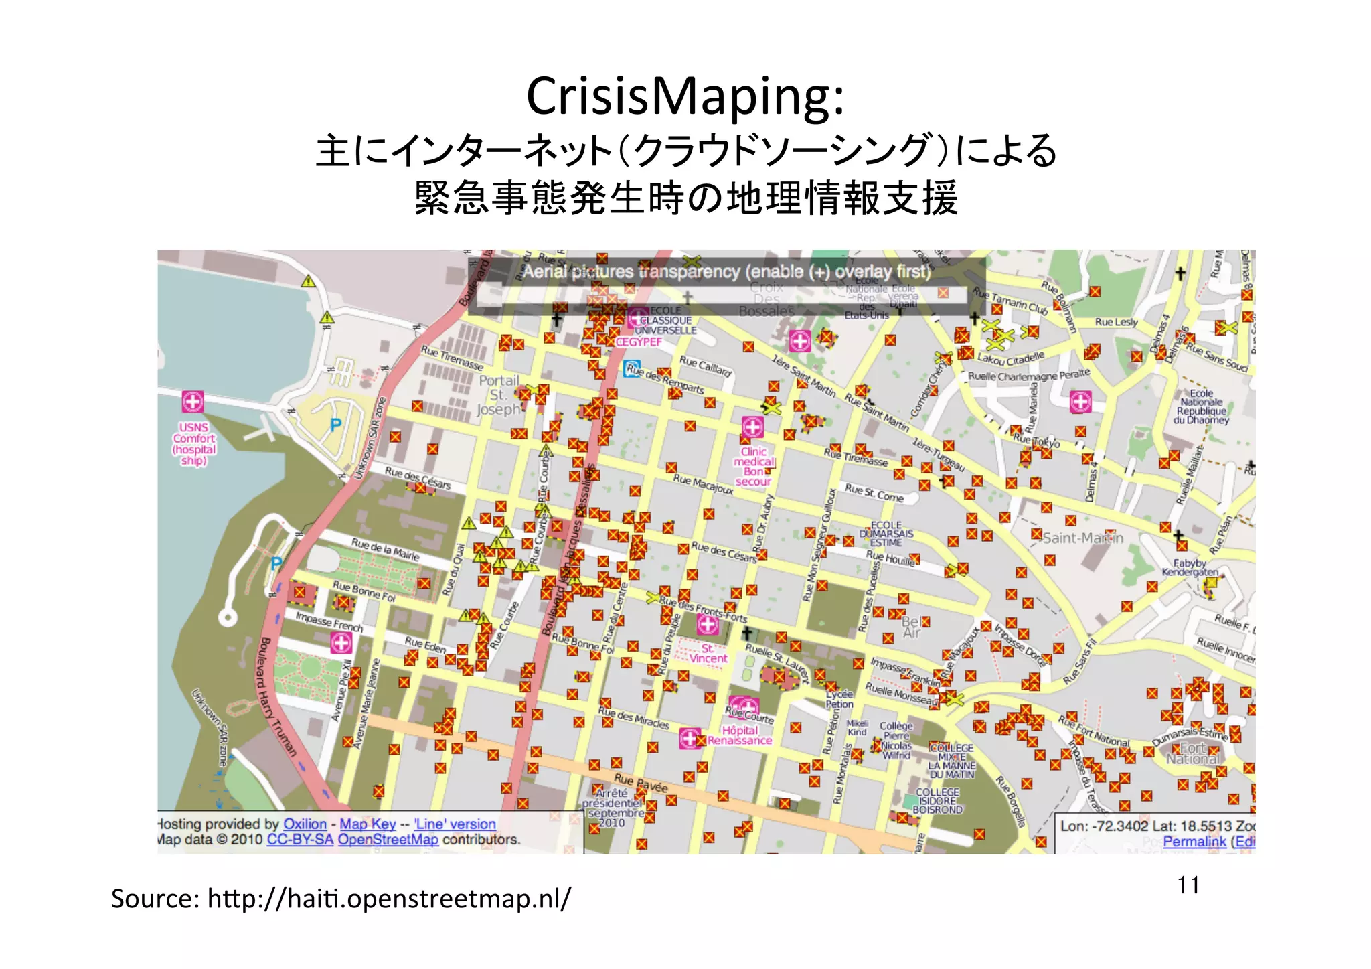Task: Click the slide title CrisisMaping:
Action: pyautogui.click(x=685, y=96)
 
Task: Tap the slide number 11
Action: pyautogui.click(x=1188, y=885)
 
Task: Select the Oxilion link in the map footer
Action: pyautogui.click(x=305, y=824)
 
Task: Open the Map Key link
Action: pyautogui.click(x=368, y=824)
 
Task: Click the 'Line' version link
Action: pyautogui.click(x=455, y=824)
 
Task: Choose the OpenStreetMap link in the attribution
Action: pyautogui.click(x=388, y=840)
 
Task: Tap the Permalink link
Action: pyautogui.click(x=1194, y=842)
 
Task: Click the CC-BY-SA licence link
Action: pyautogui.click(x=300, y=840)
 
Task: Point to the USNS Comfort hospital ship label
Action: pyautogui.click(x=194, y=443)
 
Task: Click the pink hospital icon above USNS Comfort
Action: pyautogui.click(x=193, y=402)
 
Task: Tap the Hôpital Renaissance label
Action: pyautogui.click(x=740, y=735)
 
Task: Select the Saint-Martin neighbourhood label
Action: pyautogui.click(x=1083, y=538)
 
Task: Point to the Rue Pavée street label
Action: pyautogui.click(x=641, y=783)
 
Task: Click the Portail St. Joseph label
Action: pyautogui.click(x=499, y=395)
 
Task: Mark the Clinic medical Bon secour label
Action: pyautogui.click(x=754, y=466)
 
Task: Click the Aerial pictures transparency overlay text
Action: pyautogui.click(x=726, y=272)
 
